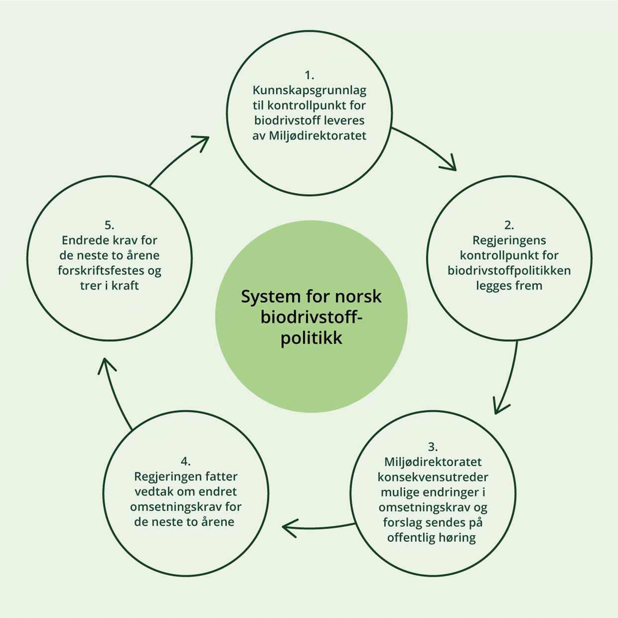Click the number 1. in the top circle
click(309, 75)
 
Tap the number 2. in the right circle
click(509, 225)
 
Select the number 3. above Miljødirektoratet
click(432, 447)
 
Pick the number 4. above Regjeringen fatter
click(185, 461)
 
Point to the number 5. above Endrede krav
click(110, 225)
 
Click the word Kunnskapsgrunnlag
click(309, 90)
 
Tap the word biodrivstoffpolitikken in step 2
click(509, 270)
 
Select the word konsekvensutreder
click(433, 477)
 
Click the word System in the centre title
click(263, 297)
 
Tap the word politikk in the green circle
click(311, 338)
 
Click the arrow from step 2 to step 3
click(508, 378)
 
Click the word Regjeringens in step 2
click(509, 240)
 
